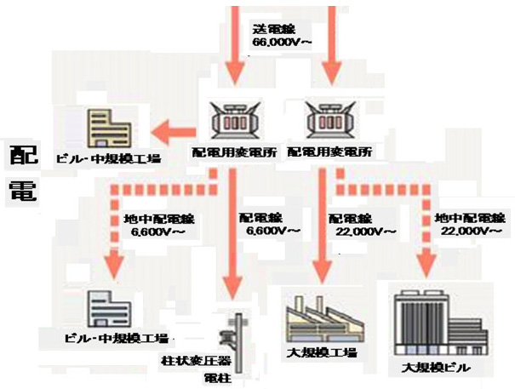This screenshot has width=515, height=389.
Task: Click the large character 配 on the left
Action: pyautogui.click(x=23, y=156)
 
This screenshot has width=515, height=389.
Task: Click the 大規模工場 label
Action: pyautogui.click(x=321, y=352)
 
